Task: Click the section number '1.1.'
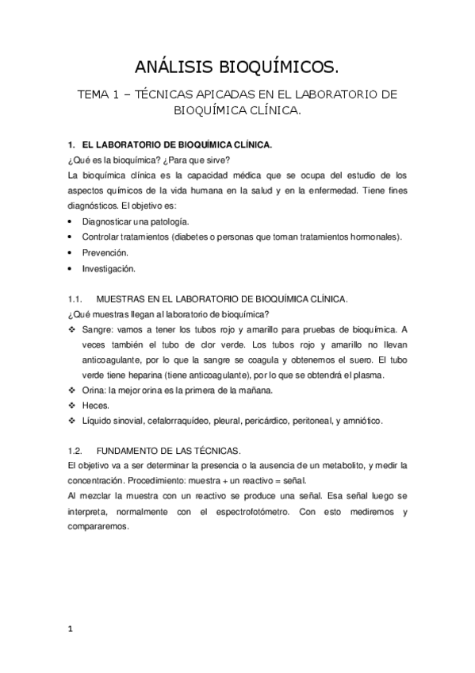(75, 298)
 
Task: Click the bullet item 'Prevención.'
(105, 252)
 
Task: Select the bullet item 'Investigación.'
(109, 268)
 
